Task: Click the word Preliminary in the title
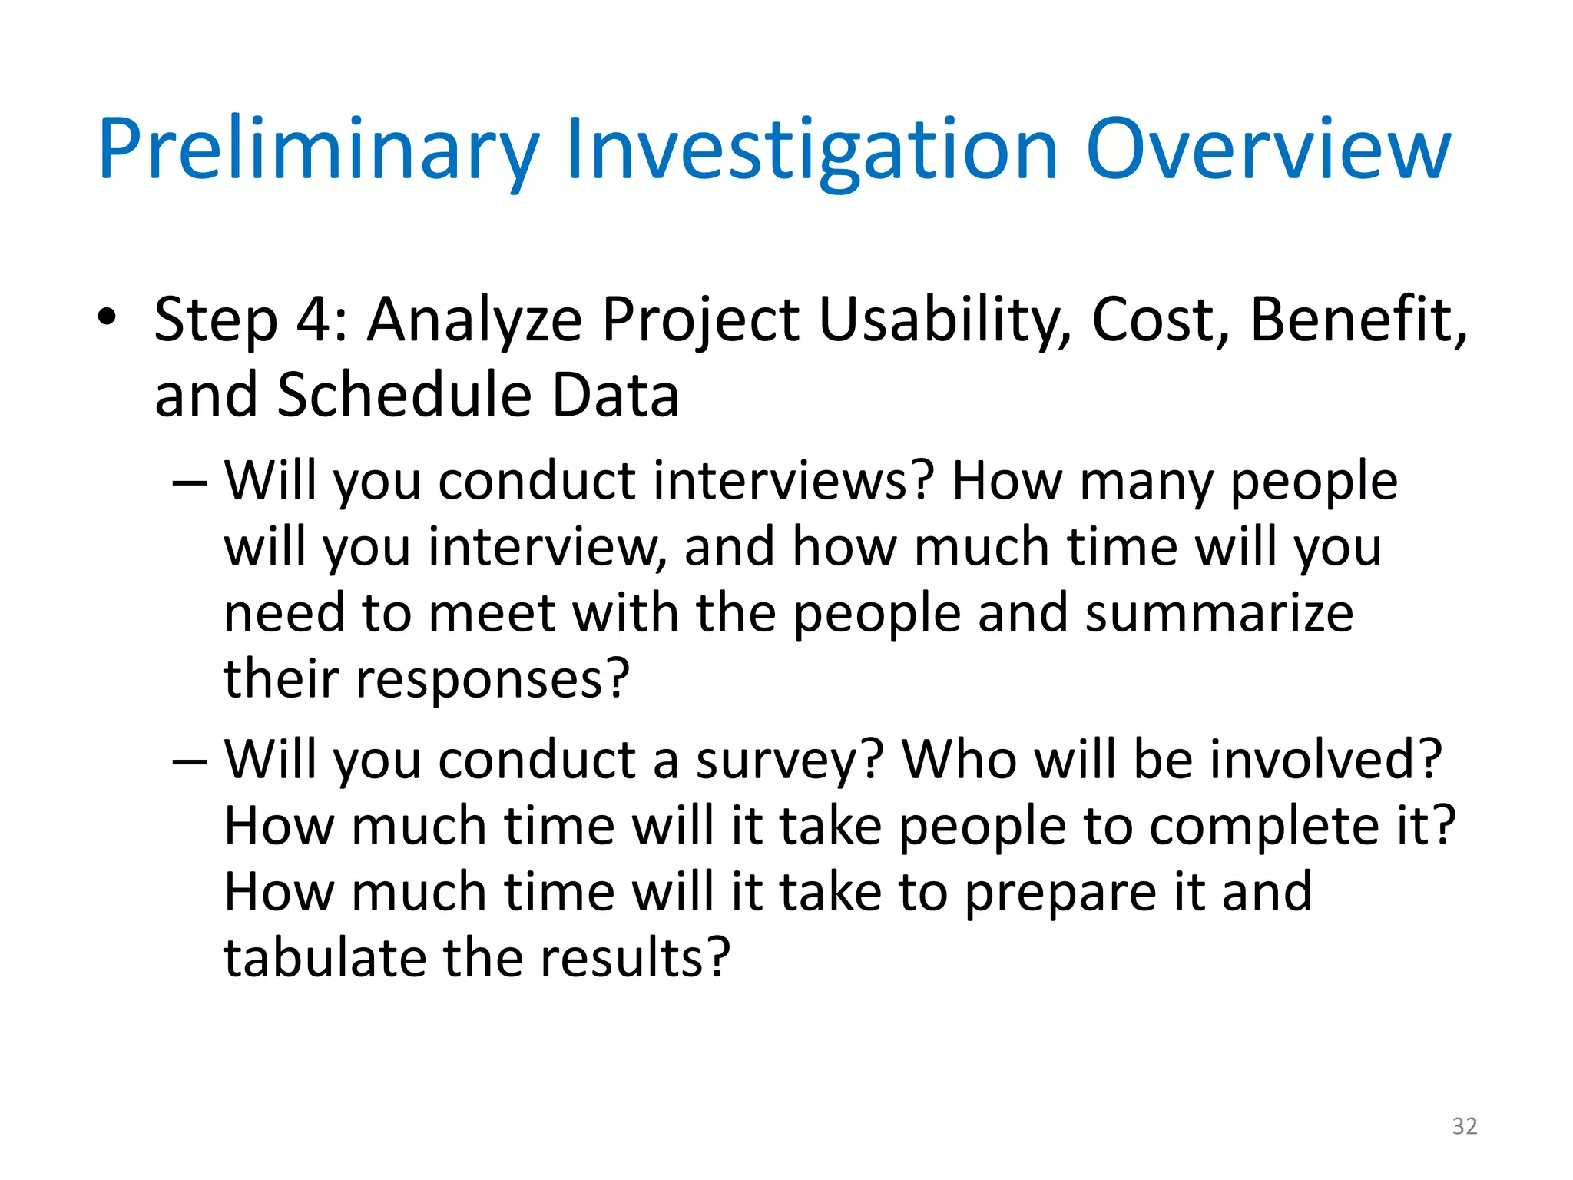(319, 150)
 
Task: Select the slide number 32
(1464, 1126)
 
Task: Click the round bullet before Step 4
(107, 317)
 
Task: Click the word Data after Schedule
(615, 395)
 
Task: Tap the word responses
(492, 680)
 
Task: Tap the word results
(634, 958)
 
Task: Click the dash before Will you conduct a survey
(189, 761)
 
